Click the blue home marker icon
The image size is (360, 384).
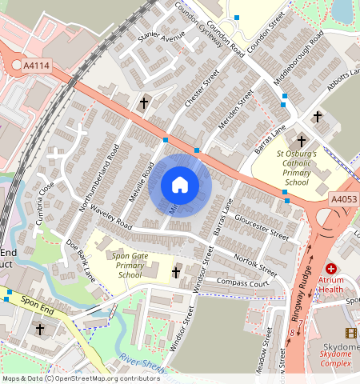[180, 186]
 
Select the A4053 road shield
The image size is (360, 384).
[342, 198]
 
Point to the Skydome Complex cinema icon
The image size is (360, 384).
[350, 333]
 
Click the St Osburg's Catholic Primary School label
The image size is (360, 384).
[297, 167]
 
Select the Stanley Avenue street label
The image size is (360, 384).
[161, 37]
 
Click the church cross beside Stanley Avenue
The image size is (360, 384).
[145, 104]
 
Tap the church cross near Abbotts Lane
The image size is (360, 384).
[317, 117]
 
